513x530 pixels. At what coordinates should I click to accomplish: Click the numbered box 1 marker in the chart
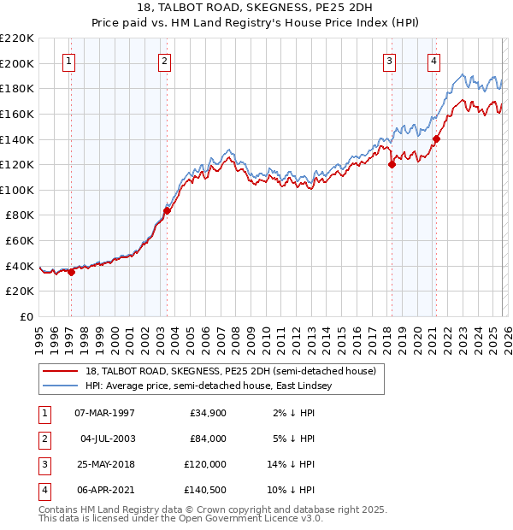point(68,61)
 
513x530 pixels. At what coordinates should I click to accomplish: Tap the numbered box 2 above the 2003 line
point(163,61)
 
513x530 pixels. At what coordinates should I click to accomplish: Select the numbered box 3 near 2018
point(389,61)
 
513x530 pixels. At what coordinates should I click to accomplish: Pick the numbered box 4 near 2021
point(434,61)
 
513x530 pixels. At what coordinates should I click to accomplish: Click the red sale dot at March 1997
point(71,272)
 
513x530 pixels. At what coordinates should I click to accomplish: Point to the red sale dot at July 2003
point(167,210)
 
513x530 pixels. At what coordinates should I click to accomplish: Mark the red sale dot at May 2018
point(392,165)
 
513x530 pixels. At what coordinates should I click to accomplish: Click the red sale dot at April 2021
point(436,138)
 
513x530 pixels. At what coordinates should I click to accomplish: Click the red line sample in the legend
point(60,372)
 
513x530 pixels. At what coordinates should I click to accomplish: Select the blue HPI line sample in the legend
point(60,386)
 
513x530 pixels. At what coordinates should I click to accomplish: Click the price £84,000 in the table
point(209,439)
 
